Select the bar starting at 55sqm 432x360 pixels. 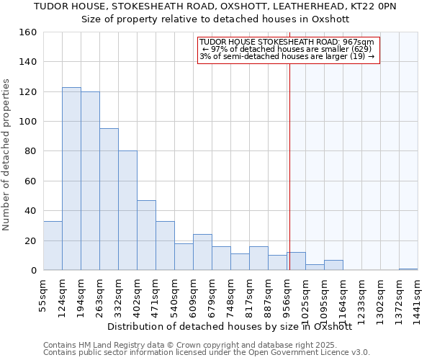53,246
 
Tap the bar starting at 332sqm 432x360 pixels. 127,210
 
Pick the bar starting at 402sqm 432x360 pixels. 146,235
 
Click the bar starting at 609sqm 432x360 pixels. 202,252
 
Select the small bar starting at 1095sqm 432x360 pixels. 333,265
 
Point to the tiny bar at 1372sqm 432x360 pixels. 408,269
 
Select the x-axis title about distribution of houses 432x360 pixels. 229,326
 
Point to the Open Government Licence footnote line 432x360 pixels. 207,352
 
